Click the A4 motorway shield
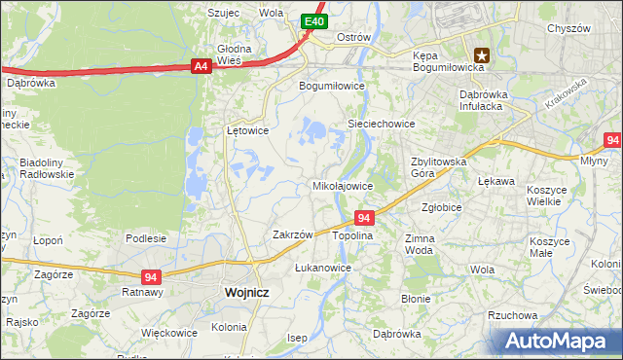coord(201,66)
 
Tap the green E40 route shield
coord(312,20)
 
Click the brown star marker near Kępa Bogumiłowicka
coord(481,56)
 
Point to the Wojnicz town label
coord(245,291)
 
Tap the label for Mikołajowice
coord(342,185)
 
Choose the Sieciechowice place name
coord(383,124)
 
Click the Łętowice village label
coord(247,129)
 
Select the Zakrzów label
coord(292,234)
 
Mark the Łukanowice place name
coord(322,267)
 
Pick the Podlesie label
coord(146,237)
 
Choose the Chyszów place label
coord(569,29)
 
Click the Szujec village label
coord(223,13)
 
